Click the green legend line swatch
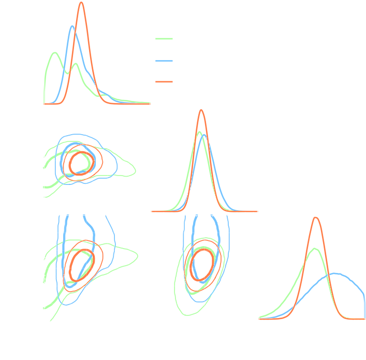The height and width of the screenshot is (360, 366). (164, 39)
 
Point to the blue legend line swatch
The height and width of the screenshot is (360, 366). (164, 60)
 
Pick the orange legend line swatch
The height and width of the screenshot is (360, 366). (164, 81)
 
